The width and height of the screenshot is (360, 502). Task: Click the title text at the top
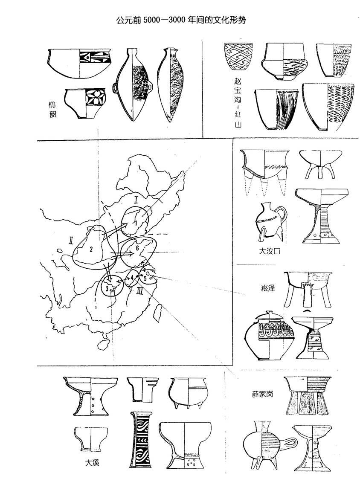pos(181,20)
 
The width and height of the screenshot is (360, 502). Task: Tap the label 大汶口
pos(269,251)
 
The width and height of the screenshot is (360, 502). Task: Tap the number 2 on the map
pos(91,250)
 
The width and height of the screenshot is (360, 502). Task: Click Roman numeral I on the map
pos(136,201)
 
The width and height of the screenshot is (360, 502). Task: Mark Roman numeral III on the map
pos(140,290)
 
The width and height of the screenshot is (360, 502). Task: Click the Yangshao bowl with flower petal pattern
pos(86,103)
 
